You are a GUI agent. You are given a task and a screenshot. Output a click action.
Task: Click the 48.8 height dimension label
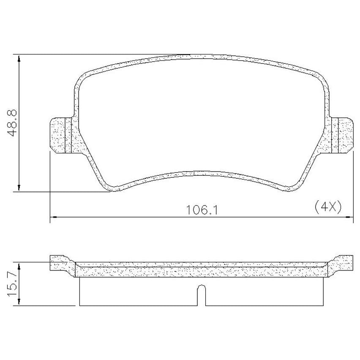pos(12,123)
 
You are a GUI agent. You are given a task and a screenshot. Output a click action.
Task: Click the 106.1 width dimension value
pos(202,210)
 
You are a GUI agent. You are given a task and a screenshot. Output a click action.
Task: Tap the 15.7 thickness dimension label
pos(12,284)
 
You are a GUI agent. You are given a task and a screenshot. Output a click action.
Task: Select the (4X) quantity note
pos(328,207)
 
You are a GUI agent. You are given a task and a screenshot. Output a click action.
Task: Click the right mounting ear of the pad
pos(342,135)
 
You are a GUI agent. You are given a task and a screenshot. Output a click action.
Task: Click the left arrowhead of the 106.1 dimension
pos(54,217)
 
